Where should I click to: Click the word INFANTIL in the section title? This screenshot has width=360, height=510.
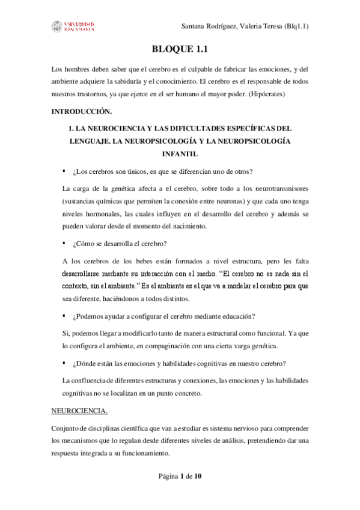pos(180,154)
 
